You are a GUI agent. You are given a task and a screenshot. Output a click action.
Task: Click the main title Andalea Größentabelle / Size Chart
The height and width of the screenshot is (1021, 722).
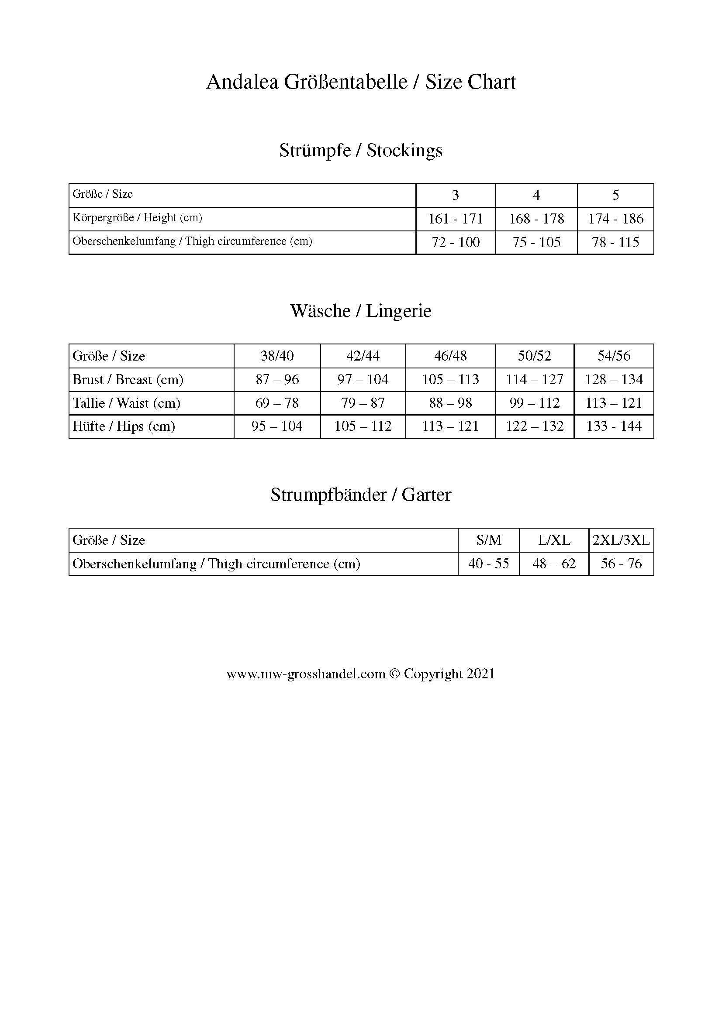(x=361, y=82)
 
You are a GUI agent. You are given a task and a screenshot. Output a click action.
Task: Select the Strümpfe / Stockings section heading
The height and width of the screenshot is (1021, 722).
(x=361, y=151)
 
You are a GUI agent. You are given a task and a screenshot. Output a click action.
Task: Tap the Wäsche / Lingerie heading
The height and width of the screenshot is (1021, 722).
(x=361, y=311)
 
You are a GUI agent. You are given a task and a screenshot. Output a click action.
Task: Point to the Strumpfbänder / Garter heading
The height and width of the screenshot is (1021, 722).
(x=361, y=495)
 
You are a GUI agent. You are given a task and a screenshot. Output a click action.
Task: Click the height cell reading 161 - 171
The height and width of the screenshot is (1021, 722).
(x=455, y=219)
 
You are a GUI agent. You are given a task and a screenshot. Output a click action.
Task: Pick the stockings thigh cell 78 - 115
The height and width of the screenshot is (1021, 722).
(x=615, y=242)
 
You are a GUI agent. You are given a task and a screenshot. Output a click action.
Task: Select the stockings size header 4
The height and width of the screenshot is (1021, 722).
(x=536, y=195)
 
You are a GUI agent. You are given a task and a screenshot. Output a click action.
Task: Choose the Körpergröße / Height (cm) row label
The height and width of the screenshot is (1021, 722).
(x=138, y=218)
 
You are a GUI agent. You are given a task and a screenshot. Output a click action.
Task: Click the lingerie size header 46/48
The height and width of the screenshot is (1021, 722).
(x=450, y=356)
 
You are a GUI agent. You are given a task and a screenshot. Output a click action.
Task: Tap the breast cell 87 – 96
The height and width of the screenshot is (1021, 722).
(x=277, y=379)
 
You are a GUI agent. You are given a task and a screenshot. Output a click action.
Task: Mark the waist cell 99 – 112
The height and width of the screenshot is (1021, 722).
(x=534, y=403)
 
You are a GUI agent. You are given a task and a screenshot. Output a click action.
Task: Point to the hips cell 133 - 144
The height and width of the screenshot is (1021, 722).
(x=614, y=426)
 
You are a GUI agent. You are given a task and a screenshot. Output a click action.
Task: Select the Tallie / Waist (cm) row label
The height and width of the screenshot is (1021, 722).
(x=126, y=403)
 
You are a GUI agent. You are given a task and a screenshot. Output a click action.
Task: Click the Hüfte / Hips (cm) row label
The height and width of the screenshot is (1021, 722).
(x=124, y=426)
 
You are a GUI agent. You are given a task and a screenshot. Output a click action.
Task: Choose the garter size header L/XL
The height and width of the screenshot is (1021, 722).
(x=554, y=540)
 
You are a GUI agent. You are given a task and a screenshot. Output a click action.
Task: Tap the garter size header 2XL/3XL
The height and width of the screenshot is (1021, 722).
(x=621, y=540)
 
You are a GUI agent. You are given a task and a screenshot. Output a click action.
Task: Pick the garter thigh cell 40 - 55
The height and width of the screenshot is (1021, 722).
(x=488, y=564)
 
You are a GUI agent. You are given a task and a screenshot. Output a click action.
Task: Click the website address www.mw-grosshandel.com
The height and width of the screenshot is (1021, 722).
(x=306, y=674)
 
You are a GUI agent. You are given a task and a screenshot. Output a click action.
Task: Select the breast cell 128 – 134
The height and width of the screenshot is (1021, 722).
(x=614, y=379)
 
